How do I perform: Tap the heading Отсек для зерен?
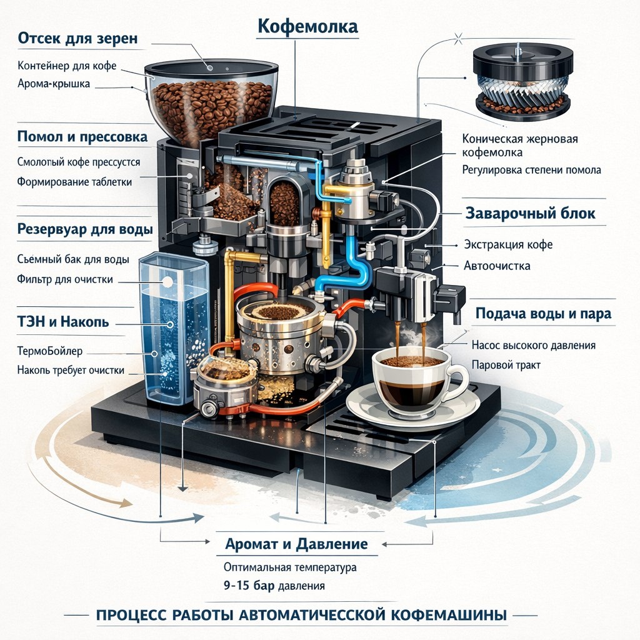coord(77,39)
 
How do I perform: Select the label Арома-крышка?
coord(53,83)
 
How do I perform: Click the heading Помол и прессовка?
coord(82,136)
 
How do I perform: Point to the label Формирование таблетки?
coord(75,182)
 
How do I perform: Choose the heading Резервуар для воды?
coord(84,229)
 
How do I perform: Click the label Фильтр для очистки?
coord(65,279)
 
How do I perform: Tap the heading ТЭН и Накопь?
coord(63,322)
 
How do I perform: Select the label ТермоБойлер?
coord(50,351)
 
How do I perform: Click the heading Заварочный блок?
coord(531,213)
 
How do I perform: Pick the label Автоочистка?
coord(497,266)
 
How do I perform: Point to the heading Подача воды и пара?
coord(543,314)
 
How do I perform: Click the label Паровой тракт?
coord(506,364)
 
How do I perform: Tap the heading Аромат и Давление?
coord(296,543)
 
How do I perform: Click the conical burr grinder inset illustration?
coord(522,81)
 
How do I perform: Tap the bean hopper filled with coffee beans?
coord(211,100)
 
